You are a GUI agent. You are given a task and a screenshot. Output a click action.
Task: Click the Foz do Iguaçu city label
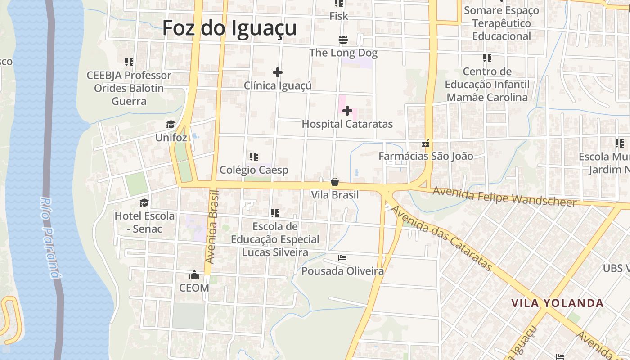(x=229, y=28)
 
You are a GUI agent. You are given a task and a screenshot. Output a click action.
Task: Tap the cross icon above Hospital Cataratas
(x=347, y=111)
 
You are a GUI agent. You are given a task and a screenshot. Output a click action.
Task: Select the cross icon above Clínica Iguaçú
(x=278, y=72)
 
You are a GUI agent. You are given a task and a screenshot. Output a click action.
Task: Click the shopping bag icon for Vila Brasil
(x=335, y=182)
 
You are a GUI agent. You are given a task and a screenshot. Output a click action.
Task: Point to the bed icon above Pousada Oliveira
(x=342, y=258)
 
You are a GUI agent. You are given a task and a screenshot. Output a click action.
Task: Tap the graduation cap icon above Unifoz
(x=171, y=125)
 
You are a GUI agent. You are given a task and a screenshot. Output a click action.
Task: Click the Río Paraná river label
(x=50, y=237)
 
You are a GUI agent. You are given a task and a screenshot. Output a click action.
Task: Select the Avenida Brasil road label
(x=211, y=227)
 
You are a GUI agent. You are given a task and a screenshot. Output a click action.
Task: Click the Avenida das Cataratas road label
(x=441, y=238)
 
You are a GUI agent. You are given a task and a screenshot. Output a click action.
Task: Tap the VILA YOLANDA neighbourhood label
(x=557, y=303)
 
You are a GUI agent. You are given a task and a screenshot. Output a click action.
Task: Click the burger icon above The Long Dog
(x=343, y=40)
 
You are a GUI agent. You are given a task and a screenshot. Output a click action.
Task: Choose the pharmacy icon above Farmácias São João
(x=426, y=144)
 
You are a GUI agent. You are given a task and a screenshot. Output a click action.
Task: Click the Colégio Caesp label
(x=254, y=170)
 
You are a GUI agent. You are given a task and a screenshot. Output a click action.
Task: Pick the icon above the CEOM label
(x=194, y=274)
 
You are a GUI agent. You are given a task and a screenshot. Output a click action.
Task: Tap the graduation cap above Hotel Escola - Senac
(x=144, y=202)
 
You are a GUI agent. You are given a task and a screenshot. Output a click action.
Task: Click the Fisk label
(x=339, y=16)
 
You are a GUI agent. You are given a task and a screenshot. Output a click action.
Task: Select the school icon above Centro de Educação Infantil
(x=487, y=58)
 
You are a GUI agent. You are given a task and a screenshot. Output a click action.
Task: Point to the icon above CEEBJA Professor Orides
(x=129, y=62)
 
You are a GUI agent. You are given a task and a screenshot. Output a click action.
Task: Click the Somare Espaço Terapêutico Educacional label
(x=502, y=23)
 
